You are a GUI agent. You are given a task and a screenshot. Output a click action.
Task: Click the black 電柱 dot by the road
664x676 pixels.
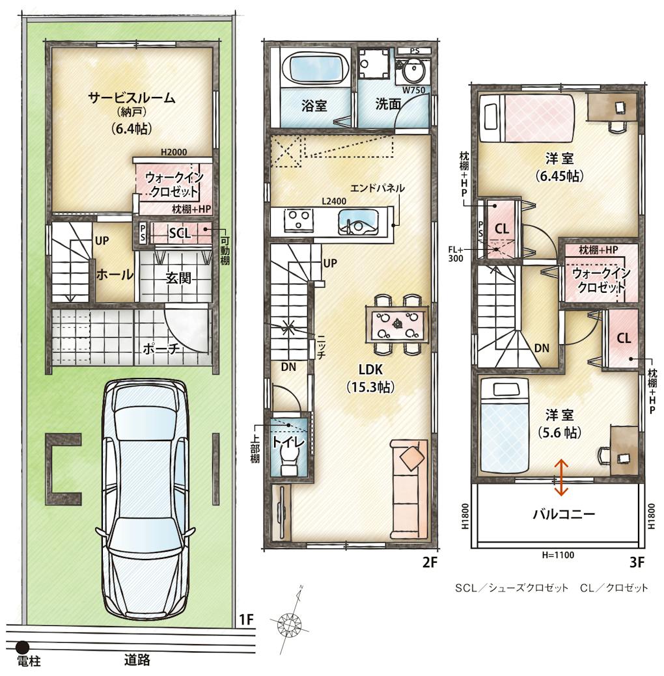pos(22,647)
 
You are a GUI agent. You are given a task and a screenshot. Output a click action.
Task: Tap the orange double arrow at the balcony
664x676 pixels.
pos(561,477)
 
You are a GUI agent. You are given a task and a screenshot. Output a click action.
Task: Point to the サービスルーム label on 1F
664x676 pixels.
pos(131,98)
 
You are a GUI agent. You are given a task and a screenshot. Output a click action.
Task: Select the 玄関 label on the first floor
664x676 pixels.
pos(178,278)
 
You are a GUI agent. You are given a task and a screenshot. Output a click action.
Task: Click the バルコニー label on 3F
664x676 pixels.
pos(564,514)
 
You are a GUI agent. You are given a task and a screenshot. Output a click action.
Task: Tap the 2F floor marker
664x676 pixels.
pos(430,562)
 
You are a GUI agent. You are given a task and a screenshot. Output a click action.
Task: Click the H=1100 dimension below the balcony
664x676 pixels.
pos(558,555)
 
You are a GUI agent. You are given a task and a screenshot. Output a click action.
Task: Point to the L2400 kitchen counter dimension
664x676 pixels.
pos(333,201)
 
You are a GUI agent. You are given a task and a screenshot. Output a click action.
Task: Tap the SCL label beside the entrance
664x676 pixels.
pos(180,233)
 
